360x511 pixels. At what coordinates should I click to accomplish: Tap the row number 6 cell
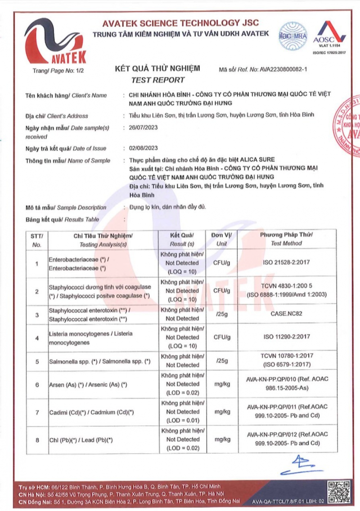click(x=37, y=384)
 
